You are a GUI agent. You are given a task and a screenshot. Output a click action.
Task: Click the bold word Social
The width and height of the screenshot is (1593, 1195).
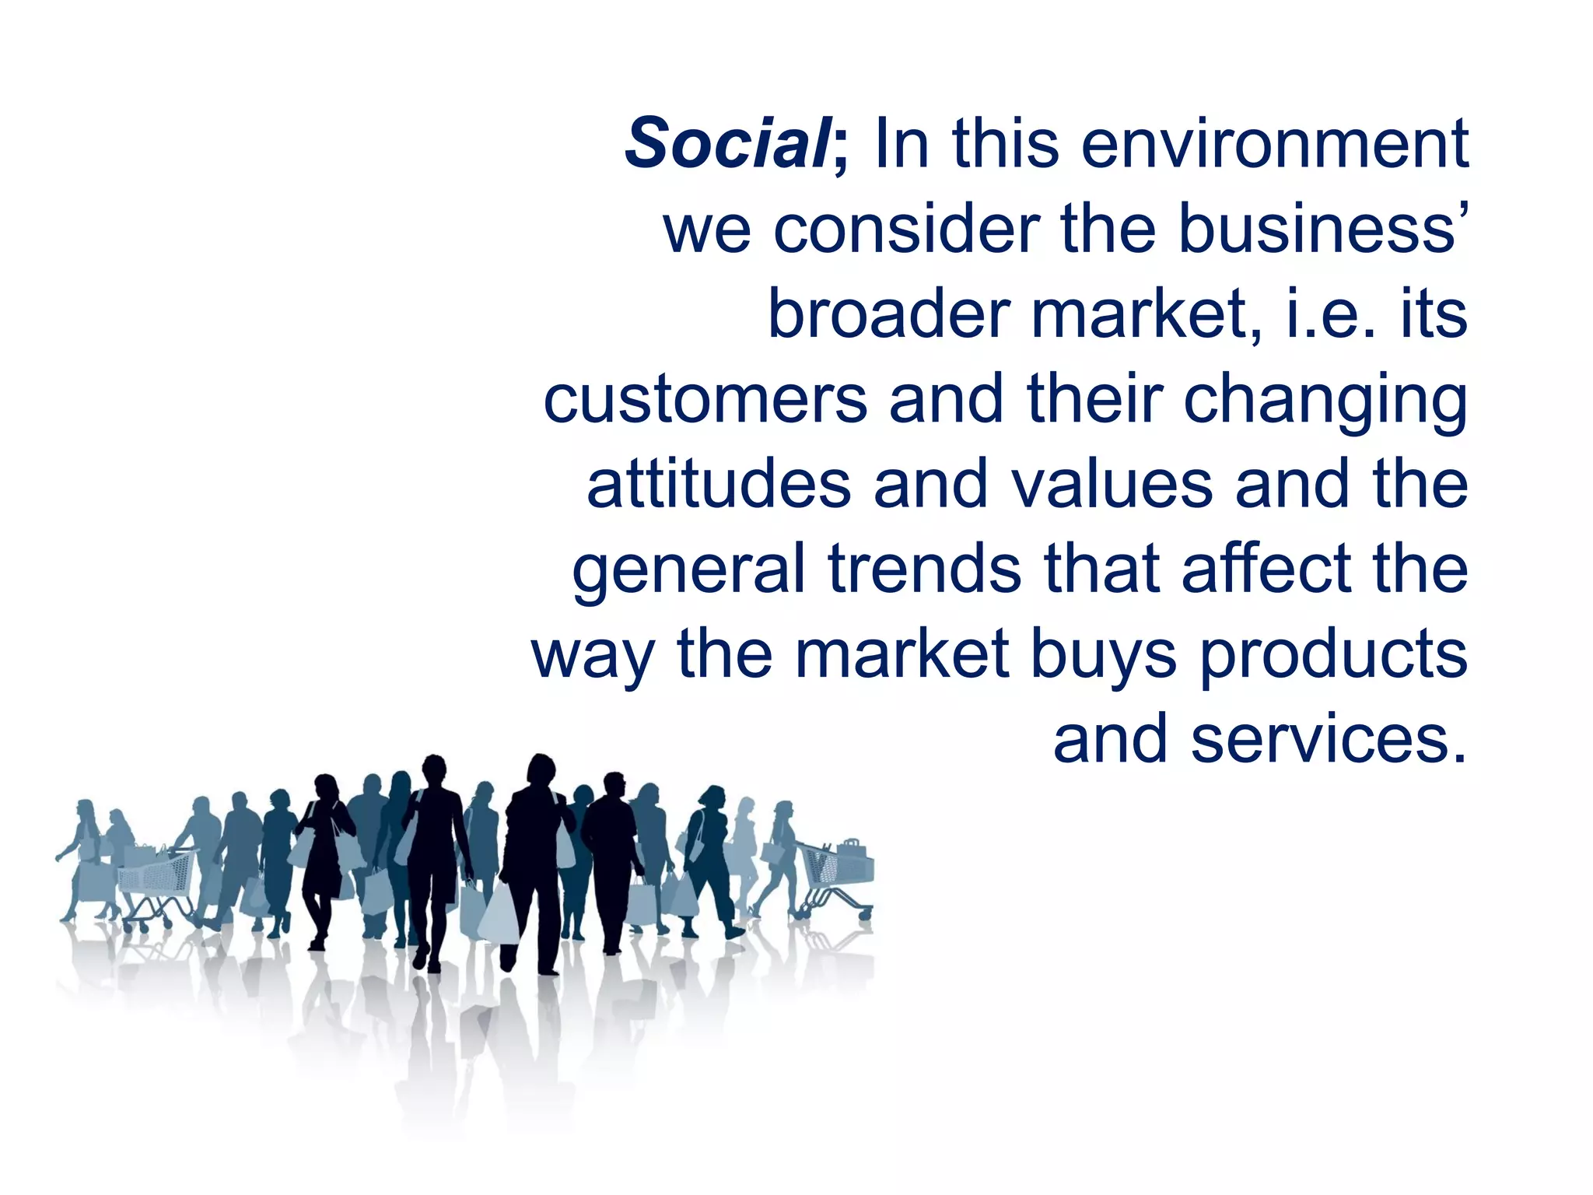pos(727,144)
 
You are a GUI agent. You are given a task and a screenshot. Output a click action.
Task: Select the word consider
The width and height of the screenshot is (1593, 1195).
pos(906,230)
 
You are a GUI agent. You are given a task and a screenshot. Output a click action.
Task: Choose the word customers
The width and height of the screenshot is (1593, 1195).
pos(705,399)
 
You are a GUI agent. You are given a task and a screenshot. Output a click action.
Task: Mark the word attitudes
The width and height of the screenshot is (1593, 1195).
pos(719,484)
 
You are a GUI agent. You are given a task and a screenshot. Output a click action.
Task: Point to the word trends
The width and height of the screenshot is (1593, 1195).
pos(925,569)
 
